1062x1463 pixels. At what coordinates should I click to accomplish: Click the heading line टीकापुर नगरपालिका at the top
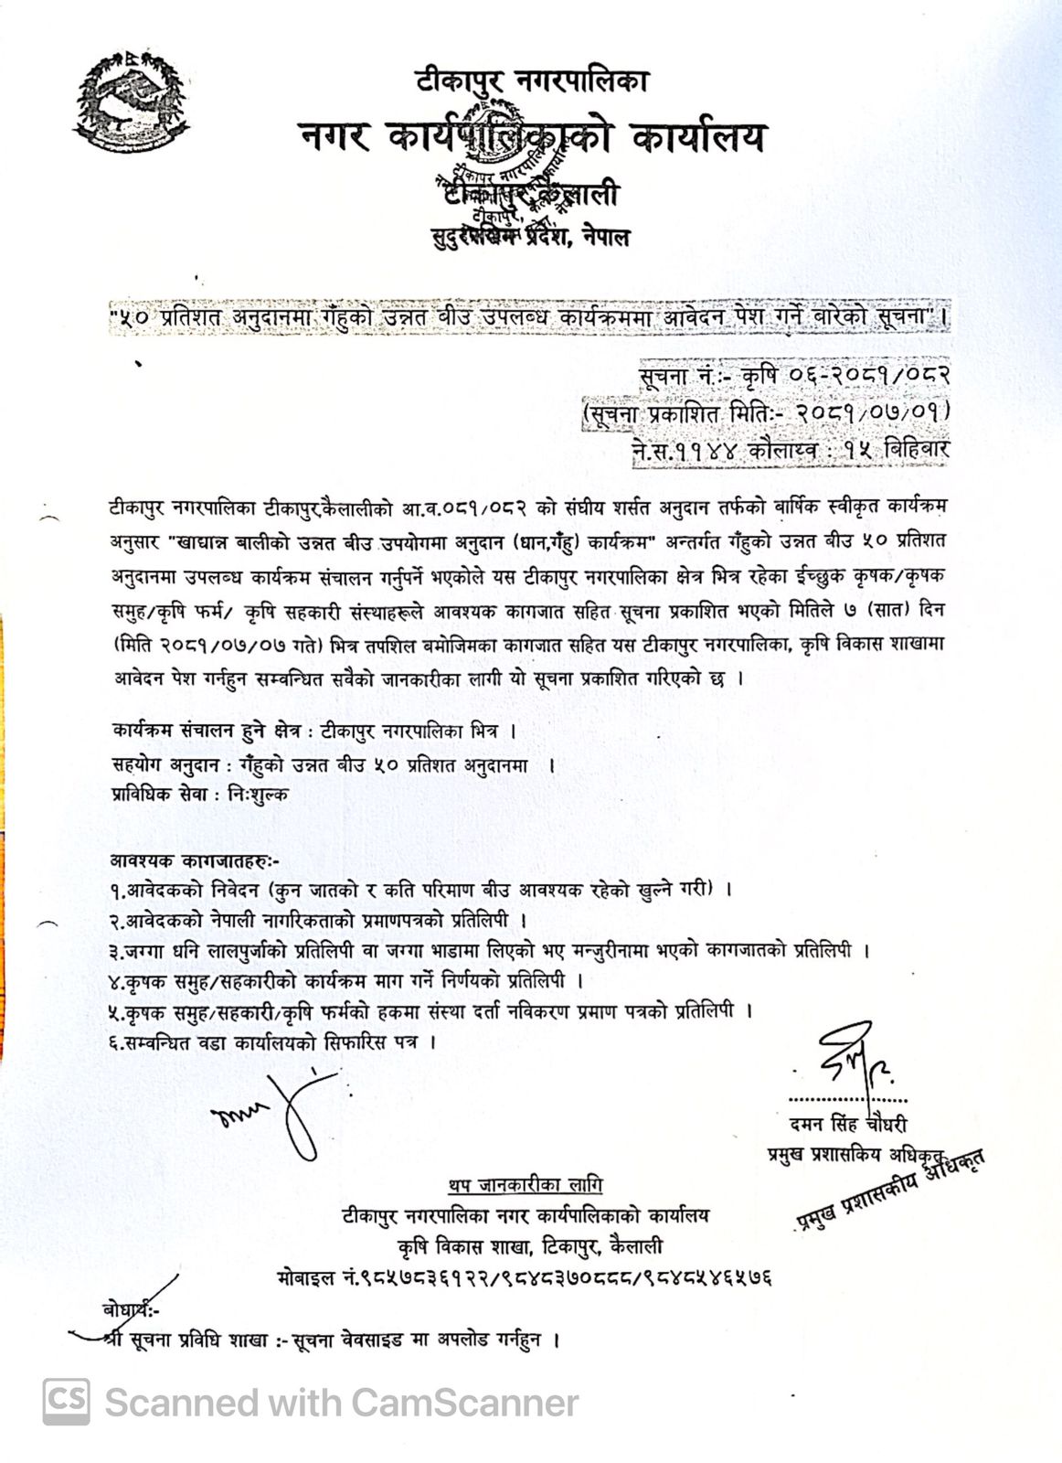click(x=532, y=80)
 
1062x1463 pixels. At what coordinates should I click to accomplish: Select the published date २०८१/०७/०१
click(x=873, y=412)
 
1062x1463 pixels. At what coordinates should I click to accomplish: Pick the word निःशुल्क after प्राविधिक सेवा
click(x=258, y=795)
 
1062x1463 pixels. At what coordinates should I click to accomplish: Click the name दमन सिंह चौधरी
click(x=849, y=1124)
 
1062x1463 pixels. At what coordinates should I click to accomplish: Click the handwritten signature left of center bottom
click(x=274, y=1110)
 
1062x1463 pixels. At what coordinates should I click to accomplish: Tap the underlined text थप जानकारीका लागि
click(x=526, y=1185)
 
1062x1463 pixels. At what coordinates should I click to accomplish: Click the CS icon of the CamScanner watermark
click(x=67, y=1402)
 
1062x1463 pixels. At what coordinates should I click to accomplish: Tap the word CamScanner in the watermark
click(x=465, y=1403)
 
